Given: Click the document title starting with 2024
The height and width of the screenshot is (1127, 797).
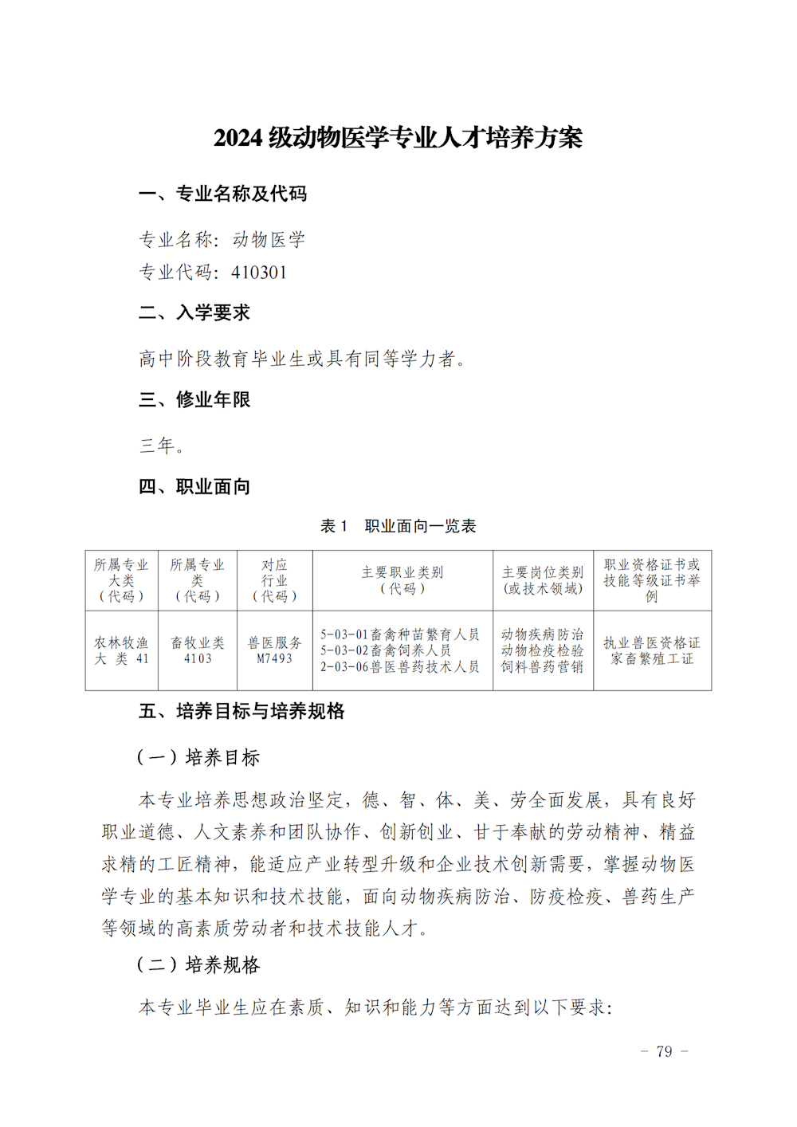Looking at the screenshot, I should (x=398, y=138).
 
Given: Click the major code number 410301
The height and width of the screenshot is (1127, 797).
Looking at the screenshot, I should (x=259, y=273).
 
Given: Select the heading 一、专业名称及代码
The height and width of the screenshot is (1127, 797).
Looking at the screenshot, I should (x=222, y=194).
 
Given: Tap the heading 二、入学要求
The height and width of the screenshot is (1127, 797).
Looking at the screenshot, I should (x=194, y=312).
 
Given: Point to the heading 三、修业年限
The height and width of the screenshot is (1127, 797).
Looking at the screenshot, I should (x=194, y=399).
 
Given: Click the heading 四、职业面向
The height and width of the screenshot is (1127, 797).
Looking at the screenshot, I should (x=194, y=486).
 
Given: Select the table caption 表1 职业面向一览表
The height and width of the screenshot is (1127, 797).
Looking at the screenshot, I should (x=398, y=526).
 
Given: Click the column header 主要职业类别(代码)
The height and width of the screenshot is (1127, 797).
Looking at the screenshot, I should (x=402, y=580).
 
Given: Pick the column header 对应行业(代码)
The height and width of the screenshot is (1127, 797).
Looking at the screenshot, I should (x=275, y=580).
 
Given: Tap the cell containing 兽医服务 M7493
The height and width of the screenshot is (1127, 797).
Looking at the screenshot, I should (x=275, y=650).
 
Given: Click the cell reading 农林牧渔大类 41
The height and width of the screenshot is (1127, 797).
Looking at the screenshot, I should (x=122, y=650).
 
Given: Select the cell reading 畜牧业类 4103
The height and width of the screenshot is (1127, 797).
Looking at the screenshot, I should (x=198, y=650).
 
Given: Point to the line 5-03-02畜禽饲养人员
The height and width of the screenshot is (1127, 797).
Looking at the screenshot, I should (x=386, y=650).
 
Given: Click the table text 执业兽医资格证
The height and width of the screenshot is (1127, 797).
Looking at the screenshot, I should (x=652, y=642).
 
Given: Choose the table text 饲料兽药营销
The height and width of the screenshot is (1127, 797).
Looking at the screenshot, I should (x=542, y=667).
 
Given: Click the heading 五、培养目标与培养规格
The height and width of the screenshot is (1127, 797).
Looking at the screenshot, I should (x=241, y=711).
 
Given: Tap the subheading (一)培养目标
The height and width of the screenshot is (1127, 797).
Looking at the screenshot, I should (x=198, y=757).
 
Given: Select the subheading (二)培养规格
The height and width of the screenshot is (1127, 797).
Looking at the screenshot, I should (x=198, y=965).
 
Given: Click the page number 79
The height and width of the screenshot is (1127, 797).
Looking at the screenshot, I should (x=664, y=1052).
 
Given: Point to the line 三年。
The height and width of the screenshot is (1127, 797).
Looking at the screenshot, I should (x=163, y=446).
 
